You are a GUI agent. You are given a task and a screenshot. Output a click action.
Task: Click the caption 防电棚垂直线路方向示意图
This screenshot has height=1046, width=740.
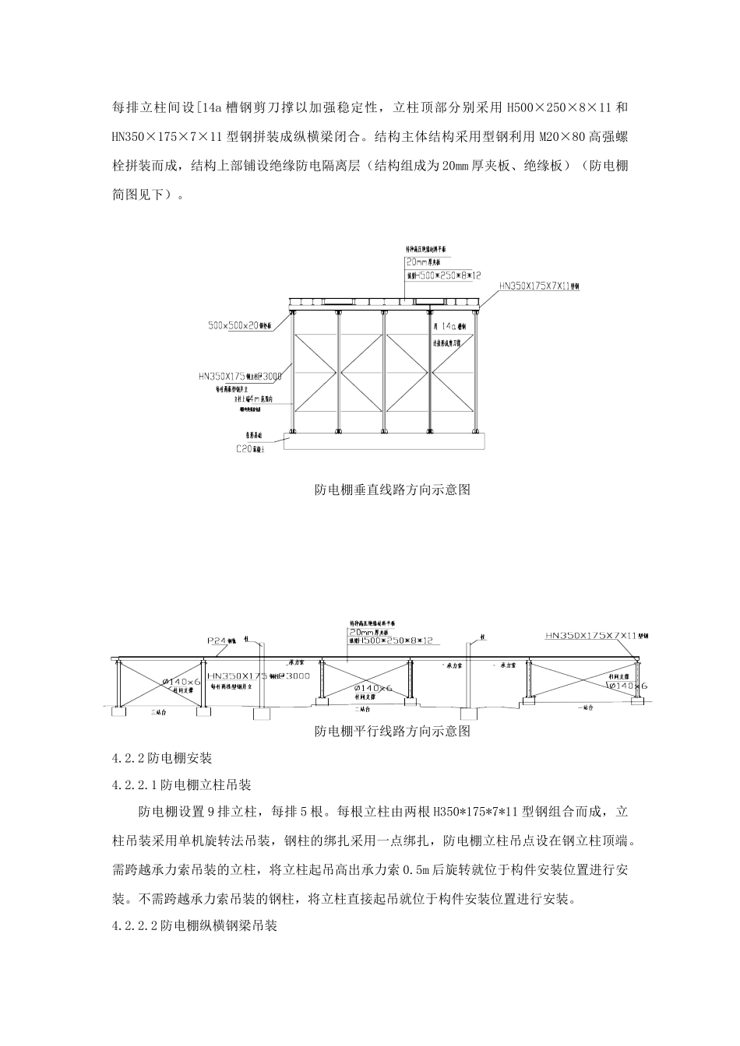pyautogui.click(x=393, y=490)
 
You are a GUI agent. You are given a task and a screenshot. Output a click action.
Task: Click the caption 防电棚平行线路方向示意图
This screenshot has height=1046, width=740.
pyautogui.click(x=393, y=732)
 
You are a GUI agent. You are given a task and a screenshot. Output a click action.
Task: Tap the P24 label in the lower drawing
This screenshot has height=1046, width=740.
pyautogui.click(x=219, y=641)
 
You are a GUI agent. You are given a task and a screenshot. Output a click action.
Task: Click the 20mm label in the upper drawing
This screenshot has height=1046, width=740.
pyautogui.click(x=421, y=263)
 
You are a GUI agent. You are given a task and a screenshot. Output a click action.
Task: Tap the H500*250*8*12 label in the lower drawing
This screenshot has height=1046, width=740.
pyautogui.click(x=397, y=641)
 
